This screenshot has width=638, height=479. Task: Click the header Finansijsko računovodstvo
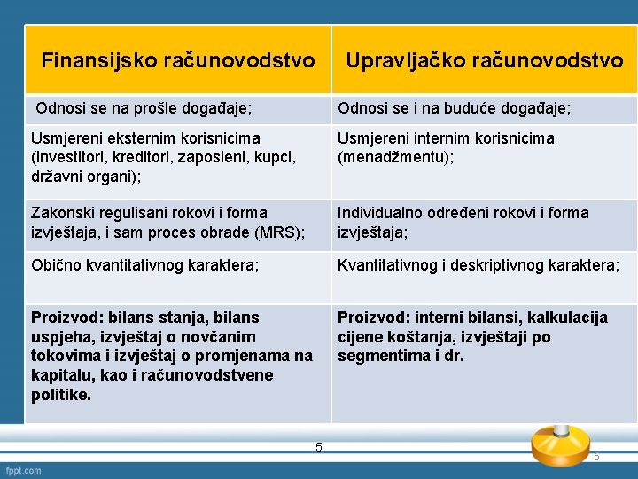pos(178,60)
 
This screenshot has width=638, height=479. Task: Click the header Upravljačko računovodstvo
pos(484,60)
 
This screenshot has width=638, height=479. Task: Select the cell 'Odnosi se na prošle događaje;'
pos(144,108)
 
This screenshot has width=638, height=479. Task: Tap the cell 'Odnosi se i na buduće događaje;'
pos(454,108)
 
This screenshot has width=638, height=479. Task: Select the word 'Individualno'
pos(382,213)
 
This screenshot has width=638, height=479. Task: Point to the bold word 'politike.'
pos(61,395)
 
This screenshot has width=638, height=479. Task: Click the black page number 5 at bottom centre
pos(318,446)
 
